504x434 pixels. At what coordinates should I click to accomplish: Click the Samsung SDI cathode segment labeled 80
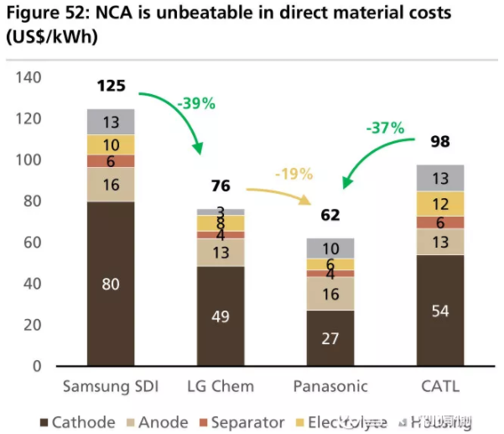111,284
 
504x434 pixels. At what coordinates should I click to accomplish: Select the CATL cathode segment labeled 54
441,311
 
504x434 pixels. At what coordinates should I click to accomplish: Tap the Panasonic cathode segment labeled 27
330,338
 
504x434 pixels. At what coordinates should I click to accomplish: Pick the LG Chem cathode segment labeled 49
221,316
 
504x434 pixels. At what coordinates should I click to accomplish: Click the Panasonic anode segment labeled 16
330,294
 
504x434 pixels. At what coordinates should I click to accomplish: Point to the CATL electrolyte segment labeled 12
441,204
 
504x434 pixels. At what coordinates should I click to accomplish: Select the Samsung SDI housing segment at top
111,122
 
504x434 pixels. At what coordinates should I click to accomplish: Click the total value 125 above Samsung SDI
111,86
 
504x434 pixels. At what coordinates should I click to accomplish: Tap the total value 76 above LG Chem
221,186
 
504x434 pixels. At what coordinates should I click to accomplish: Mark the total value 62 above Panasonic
330,215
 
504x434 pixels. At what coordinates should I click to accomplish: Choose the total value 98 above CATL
441,141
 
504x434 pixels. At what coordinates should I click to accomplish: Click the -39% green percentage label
196,104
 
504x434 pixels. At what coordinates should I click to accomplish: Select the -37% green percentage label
385,128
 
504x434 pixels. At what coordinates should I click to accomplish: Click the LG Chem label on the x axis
221,386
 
